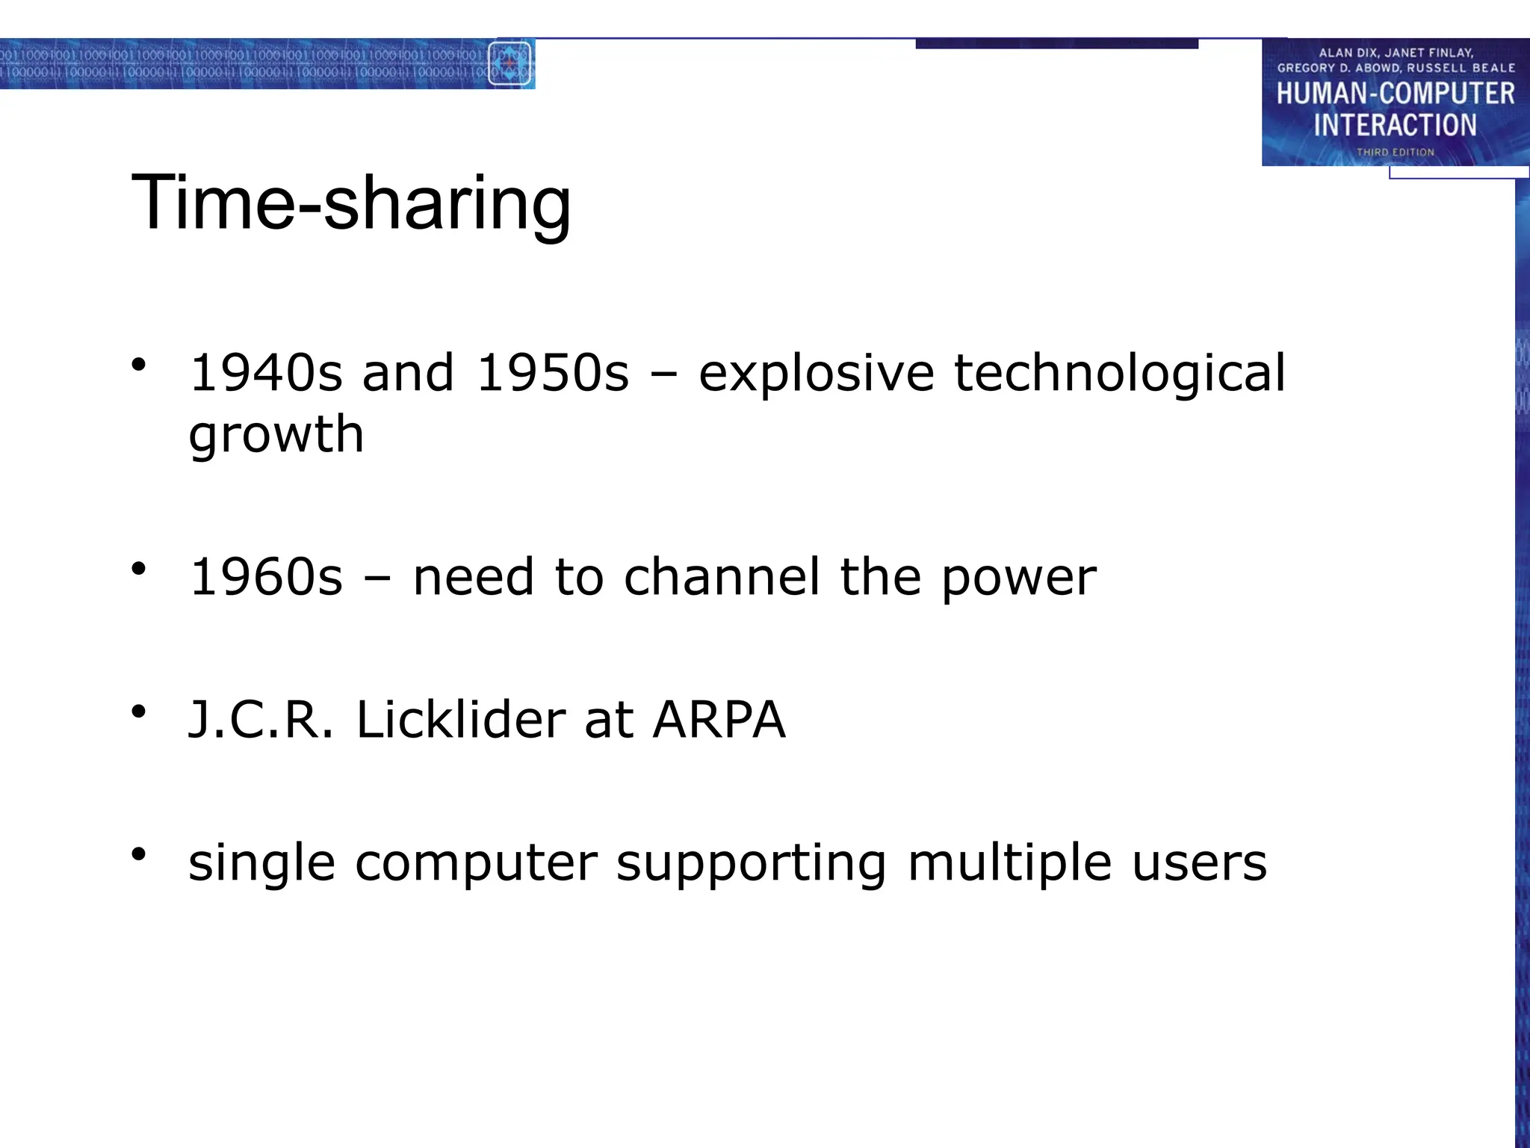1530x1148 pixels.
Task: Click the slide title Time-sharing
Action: click(351, 203)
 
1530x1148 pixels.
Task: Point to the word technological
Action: click(1119, 374)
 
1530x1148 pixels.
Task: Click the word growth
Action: click(276, 435)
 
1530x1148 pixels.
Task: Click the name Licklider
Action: click(461, 719)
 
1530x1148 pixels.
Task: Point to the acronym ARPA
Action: click(719, 719)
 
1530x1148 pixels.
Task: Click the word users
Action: click(1199, 863)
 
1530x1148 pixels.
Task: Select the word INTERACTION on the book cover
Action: click(1395, 125)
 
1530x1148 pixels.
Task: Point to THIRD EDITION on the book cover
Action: click(1395, 152)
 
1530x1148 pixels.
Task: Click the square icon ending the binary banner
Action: click(510, 64)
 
